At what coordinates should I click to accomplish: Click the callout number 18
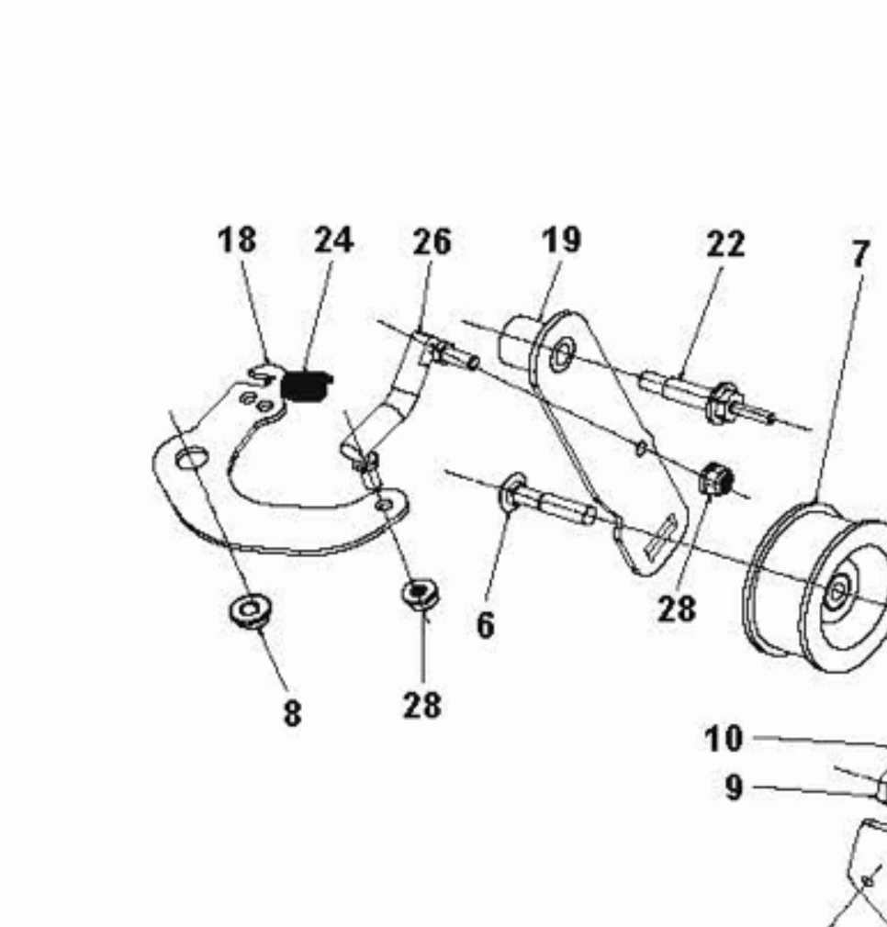[x=237, y=240]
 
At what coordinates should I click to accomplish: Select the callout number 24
[x=334, y=240]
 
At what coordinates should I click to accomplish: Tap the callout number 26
[x=432, y=241]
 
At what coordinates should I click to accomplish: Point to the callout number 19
[x=562, y=240]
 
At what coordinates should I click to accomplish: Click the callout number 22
[x=726, y=243]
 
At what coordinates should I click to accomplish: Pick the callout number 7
[x=861, y=254]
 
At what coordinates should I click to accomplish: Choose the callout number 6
[x=486, y=625]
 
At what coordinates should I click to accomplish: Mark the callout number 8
[x=293, y=713]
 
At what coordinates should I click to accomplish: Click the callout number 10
[x=724, y=739]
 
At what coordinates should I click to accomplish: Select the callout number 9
[x=734, y=787]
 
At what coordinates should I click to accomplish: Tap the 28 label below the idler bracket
[x=677, y=609]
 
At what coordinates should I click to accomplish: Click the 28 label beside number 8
[x=422, y=705]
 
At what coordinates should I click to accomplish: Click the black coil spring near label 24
[x=305, y=385]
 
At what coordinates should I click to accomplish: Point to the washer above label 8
[x=250, y=610]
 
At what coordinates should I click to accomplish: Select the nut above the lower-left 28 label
[x=420, y=593]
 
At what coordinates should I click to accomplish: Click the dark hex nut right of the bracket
[x=716, y=479]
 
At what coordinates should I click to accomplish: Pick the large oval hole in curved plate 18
[x=192, y=458]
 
